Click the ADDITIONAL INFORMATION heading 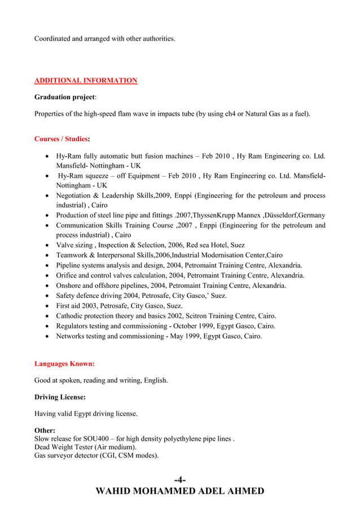(x=86, y=81)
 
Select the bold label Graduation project (x=64, y=97)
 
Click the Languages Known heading (x=64, y=363)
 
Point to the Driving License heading (x=60, y=397)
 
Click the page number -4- (x=179, y=480)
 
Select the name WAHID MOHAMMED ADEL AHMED (x=180, y=491)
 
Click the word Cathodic (x=71, y=316)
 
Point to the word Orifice (x=68, y=275)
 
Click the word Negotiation (x=76, y=195)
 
